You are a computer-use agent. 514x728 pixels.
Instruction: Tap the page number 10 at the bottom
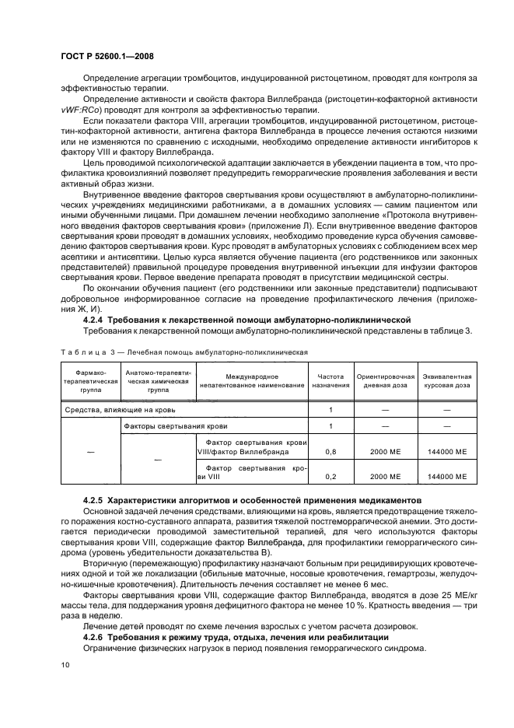coord(66,663)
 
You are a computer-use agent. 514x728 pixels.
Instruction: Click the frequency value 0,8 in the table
coord(330,450)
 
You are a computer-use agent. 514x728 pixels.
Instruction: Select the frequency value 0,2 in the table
coord(330,475)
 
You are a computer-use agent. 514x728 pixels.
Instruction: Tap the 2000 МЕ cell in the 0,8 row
coord(386,450)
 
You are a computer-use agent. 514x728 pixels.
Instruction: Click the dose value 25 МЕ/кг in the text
coord(444,594)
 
